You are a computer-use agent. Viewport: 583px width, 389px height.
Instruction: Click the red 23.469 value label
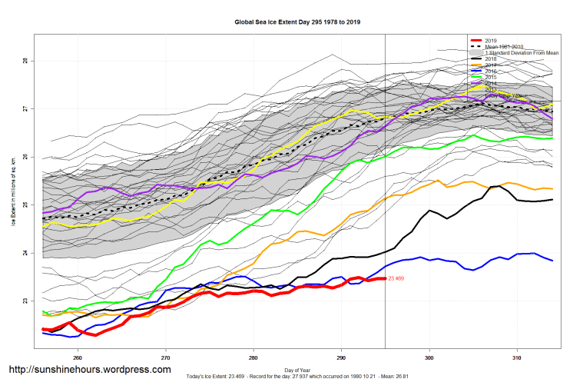[397, 278]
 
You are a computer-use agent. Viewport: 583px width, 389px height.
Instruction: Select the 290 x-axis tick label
[341, 358]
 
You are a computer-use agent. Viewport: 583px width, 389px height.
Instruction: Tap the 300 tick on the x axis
[429, 358]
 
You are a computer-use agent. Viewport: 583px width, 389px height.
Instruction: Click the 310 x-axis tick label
[518, 358]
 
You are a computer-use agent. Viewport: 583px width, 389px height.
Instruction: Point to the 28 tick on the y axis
[25, 61]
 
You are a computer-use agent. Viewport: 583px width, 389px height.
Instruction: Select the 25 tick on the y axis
[25, 205]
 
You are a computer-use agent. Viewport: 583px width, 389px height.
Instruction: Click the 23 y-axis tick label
[25, 301]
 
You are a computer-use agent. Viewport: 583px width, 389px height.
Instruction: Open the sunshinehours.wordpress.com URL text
[89, 370]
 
